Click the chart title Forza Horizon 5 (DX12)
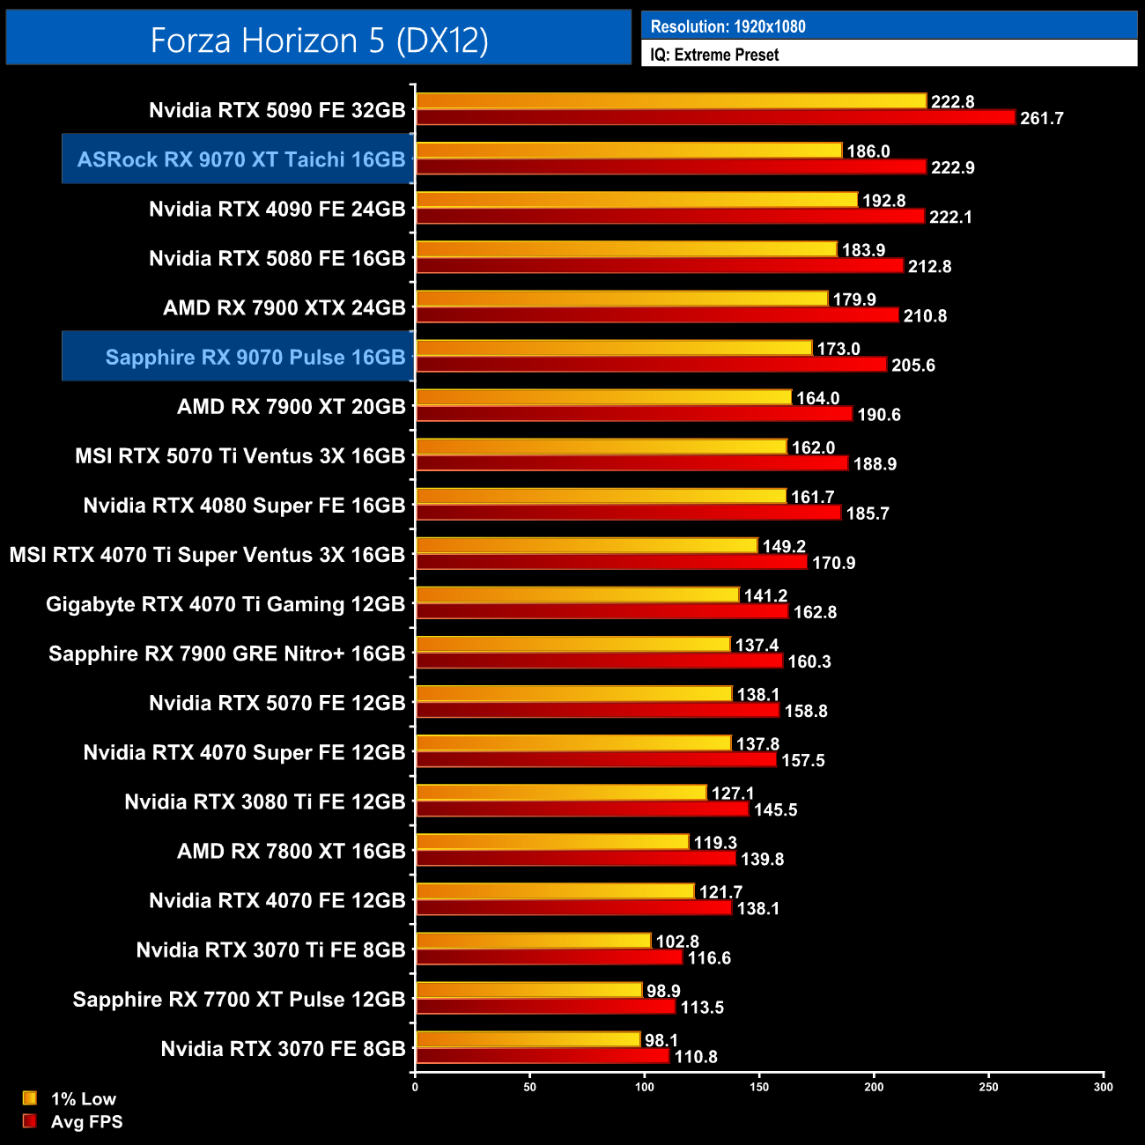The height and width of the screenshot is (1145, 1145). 319,41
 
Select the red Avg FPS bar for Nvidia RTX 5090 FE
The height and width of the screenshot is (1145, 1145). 715,117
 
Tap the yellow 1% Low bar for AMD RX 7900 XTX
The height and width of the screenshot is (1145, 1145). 622,299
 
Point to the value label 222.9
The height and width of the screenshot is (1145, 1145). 953,167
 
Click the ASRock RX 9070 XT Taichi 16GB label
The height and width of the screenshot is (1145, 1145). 240,159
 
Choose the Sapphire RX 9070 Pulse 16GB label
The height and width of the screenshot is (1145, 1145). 255,357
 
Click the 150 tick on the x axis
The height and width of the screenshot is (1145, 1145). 759,1087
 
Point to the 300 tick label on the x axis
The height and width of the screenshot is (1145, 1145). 1103,1087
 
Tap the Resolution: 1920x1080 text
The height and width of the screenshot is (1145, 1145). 728,26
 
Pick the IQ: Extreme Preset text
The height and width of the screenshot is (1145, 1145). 714,55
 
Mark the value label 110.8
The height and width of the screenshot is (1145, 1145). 696,1056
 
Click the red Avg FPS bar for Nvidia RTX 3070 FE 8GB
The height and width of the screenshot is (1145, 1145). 543,1055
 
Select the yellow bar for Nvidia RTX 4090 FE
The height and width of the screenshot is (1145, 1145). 636,201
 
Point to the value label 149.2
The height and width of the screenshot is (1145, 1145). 784,546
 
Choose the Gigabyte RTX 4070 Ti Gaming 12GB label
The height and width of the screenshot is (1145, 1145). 225,604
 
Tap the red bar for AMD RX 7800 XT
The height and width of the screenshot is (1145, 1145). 575,858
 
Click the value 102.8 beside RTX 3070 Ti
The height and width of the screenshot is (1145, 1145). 677,942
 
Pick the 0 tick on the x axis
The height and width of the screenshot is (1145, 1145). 415,1087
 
